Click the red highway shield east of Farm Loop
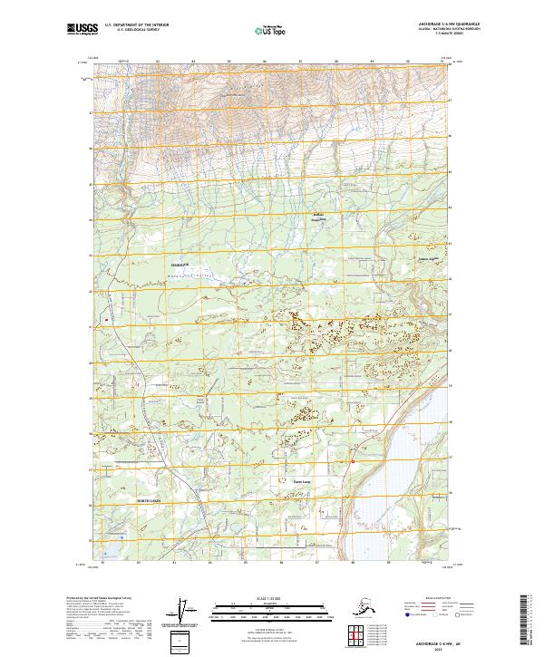point(352,461)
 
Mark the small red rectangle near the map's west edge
point(106,319)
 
